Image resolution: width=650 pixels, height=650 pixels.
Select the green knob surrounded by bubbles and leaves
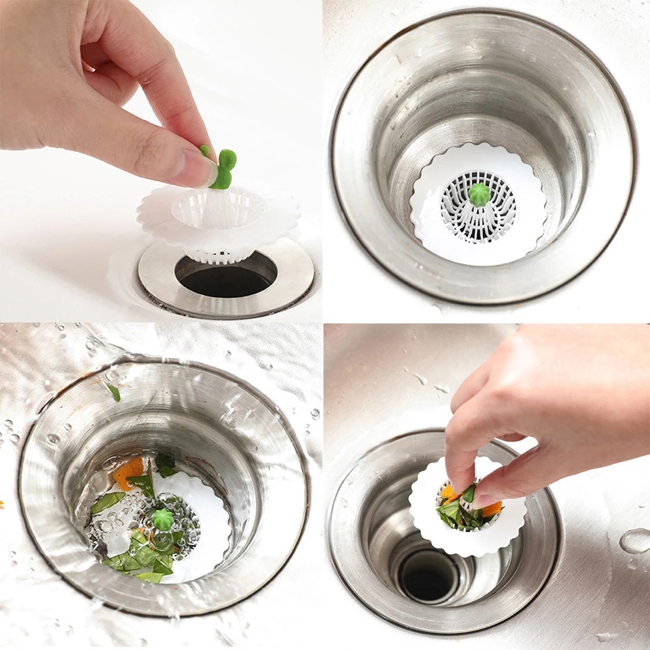(x=162, y=519)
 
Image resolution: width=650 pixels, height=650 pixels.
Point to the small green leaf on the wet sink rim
(x=114, y=391)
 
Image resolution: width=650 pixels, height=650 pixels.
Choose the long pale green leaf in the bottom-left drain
(x=107, y=502)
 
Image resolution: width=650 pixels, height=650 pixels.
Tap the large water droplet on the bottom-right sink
(x=634, y=540)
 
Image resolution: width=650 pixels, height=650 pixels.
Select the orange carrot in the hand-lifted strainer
(x=491, y=509)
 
